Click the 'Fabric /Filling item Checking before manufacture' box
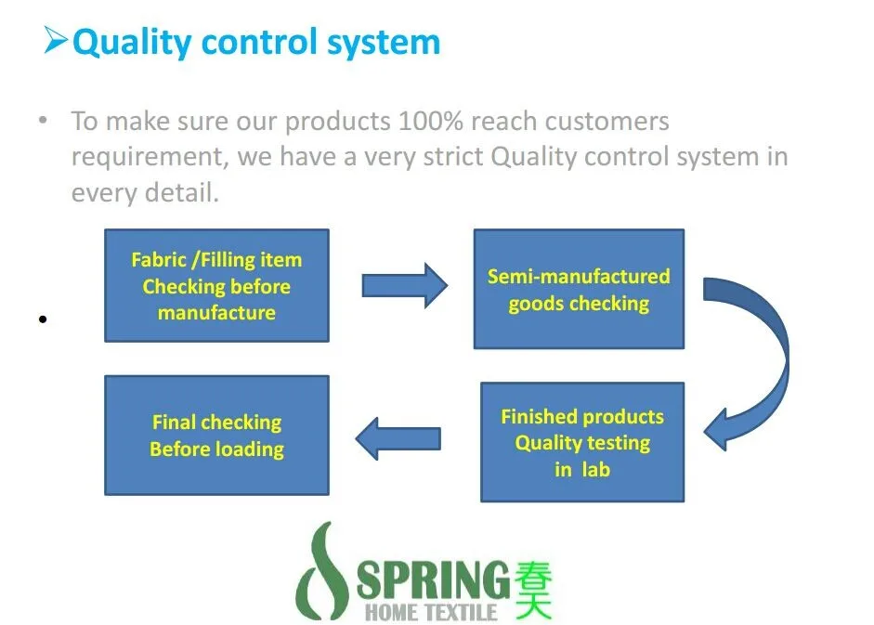(216, 286)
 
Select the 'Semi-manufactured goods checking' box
(579, 290)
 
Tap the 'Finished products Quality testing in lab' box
(582, 442)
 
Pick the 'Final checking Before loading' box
(216, 435)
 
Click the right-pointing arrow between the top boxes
(404, 285)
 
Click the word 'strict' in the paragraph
(450, 156)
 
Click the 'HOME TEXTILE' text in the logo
(431, 612)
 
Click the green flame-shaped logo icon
(322, 576)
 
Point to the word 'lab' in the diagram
(595, 470)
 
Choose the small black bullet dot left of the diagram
(42, 319)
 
